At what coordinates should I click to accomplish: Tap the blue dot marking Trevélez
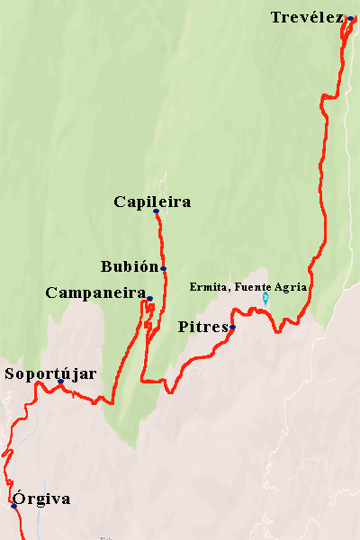(350, 18)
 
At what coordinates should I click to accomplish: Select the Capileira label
(152, 202)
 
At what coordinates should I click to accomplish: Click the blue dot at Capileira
(156, 211)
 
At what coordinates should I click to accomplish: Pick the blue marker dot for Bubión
(163, 268)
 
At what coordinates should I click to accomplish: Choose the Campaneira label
(95, 292)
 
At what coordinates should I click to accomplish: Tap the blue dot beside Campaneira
(149, 298)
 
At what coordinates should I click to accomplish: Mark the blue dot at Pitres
(232, 328)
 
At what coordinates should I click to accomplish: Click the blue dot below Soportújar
(60, 382)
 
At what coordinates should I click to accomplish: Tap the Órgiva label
(40, 499)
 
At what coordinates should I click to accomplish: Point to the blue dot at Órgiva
(13, 506)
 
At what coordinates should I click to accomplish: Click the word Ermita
(207, 287)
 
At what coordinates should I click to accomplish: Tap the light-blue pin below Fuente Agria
(265, 297)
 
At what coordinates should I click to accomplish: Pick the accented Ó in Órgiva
(17, 498)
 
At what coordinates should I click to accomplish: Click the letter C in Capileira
(120, 202)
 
